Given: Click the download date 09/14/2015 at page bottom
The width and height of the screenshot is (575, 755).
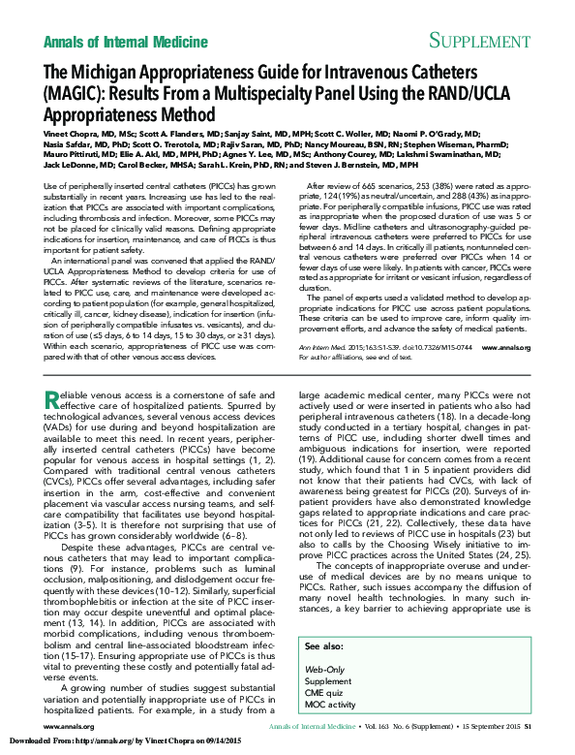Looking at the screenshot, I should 219,741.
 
